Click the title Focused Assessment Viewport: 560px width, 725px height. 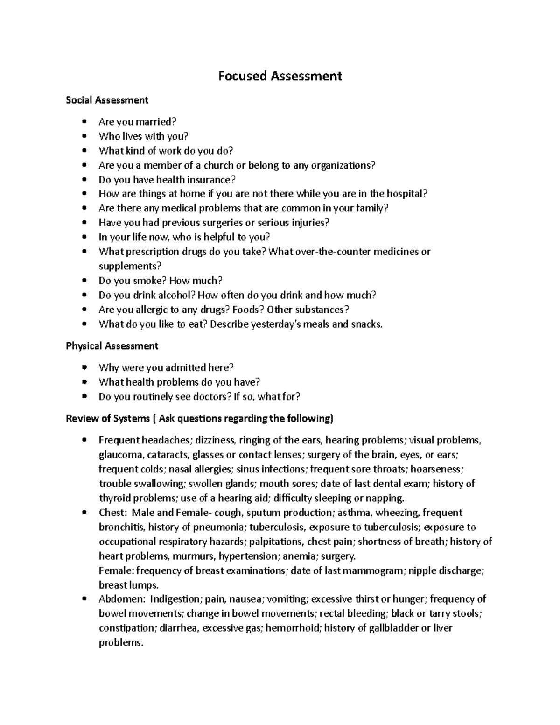(280, 76)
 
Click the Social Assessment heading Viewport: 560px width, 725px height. (107, 100)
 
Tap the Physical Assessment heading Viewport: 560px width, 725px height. (112, 346)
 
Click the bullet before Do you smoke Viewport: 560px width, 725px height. (84, 281)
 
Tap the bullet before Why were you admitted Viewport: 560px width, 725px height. (84, 368)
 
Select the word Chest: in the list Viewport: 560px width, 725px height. (112, 513)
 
